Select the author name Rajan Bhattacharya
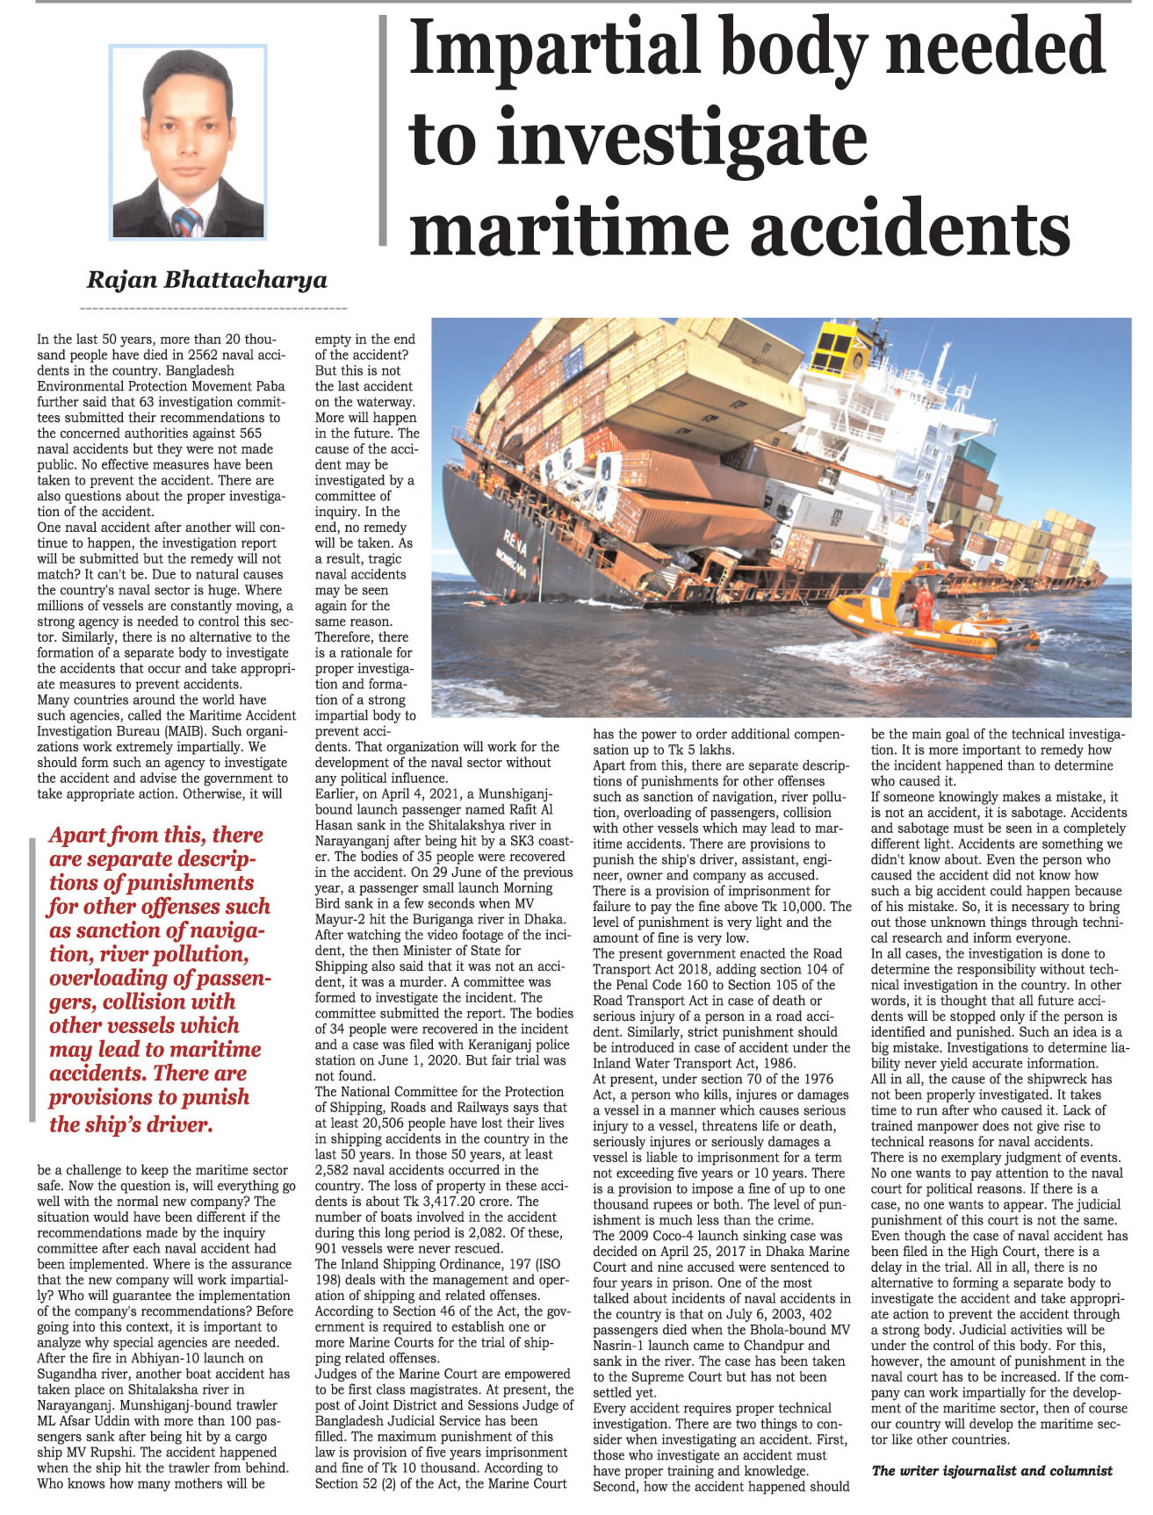click(x=206, y=280)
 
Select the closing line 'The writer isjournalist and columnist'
click(x=991, y=1470)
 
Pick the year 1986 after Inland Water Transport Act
click(x=780, y=1063)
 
